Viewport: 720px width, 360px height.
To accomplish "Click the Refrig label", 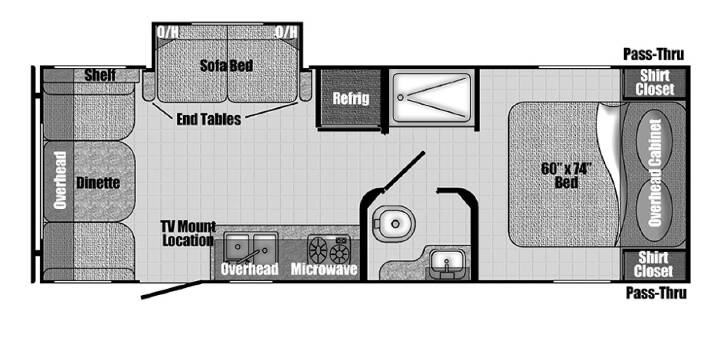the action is click(351, 98).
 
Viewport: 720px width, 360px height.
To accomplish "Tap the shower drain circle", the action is click(400, 97).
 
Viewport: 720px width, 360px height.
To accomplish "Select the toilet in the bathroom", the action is click(394, 224).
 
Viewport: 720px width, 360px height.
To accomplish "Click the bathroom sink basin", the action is click(445, 264).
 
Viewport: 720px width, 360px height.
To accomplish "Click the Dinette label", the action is click(98, 183).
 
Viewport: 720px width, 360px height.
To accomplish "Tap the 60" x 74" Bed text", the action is click(566, 175).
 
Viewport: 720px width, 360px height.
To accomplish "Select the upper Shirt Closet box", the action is click(654, 83).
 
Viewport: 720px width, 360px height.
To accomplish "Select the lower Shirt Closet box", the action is click(654, 265).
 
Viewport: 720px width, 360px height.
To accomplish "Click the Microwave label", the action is click(324, 269).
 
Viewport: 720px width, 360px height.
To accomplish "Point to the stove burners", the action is click(328, 249).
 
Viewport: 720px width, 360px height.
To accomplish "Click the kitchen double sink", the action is click(251, 247).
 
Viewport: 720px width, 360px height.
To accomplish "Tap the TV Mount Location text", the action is click(188, 233).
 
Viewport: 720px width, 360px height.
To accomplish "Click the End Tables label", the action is click(208, 119).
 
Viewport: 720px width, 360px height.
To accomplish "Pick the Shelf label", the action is click(100, 75).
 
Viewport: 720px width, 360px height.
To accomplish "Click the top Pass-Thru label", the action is click(653, 55).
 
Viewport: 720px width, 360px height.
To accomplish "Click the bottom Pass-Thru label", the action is click(656, 292).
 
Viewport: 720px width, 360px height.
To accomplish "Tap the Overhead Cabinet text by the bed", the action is click(654, 173).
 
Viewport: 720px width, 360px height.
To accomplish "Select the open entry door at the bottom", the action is click(171, 290).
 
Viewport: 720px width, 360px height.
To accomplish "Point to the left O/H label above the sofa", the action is click(168, 32).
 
